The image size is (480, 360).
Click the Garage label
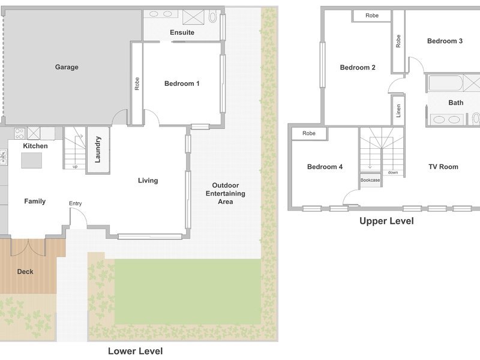(x=67, y=67)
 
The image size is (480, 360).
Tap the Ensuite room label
(x=182, y=32)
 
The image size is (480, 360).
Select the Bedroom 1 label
(x=182, y=83)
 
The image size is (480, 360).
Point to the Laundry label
(x=98, y=149)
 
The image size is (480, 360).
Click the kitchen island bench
(x=32, y=160)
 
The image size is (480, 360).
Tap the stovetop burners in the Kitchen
(x=20, y=133)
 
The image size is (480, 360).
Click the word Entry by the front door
(x=76, y=203)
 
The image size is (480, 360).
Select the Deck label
(x=25, y=272)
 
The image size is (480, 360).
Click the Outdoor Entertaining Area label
(x=226, y=193)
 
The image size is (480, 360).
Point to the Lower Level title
(x=136, y=351)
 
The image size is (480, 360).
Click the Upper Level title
(x=386, y=221)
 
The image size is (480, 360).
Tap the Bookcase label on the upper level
(x=370, y=180)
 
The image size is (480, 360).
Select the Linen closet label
(x=398, y=110)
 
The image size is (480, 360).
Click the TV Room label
(x=443, y=167)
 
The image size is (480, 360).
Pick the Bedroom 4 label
(x=325, y=167)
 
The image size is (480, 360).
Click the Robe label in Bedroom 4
(x=309, y=133)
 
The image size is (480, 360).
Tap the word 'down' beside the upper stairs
(x=393, y=173)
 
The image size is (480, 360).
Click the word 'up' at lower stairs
(x=75, y=167)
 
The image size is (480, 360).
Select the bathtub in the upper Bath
(x=445, y=83)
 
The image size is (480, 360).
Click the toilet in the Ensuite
(x=212, y=16)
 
